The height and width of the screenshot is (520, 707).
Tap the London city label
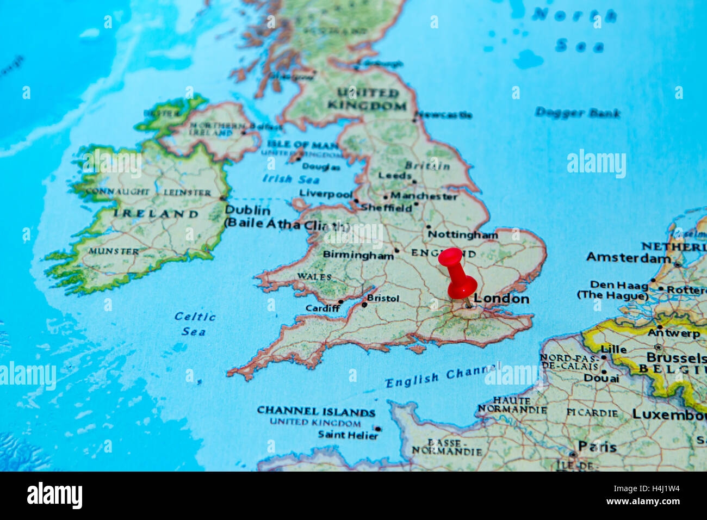pos(501,299)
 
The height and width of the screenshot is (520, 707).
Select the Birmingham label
pos(358,254)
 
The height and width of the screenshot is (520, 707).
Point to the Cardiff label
pos(323,308)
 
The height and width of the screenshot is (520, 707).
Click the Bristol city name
pos(383,298)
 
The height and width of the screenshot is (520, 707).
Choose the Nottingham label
pos(462,235)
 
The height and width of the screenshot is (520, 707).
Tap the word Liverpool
pos(326,194)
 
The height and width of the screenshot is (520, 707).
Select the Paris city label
pos(597,447)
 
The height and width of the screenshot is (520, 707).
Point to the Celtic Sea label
pos(195,324)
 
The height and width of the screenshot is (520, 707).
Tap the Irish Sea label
pos(284,178)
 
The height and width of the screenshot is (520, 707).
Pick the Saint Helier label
pos(346,435)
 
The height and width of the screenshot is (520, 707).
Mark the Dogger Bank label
pos(577,113)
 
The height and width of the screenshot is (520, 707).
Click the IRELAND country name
pos(156,214)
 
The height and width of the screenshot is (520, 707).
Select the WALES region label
pos(314,276)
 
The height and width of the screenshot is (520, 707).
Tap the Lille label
pos(613,349)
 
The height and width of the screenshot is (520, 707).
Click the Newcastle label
pos(444,115)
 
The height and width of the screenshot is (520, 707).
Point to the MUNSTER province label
pos(114,251)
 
